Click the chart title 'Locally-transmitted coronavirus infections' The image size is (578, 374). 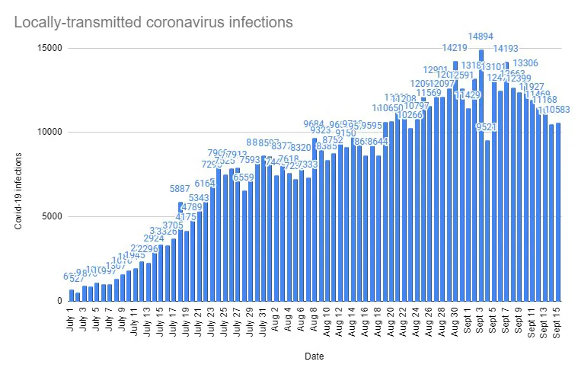153,23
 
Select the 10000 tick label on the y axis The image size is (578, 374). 49,132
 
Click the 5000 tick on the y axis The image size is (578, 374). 52,216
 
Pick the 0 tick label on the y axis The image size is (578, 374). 59,300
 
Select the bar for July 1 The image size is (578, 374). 72,296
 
